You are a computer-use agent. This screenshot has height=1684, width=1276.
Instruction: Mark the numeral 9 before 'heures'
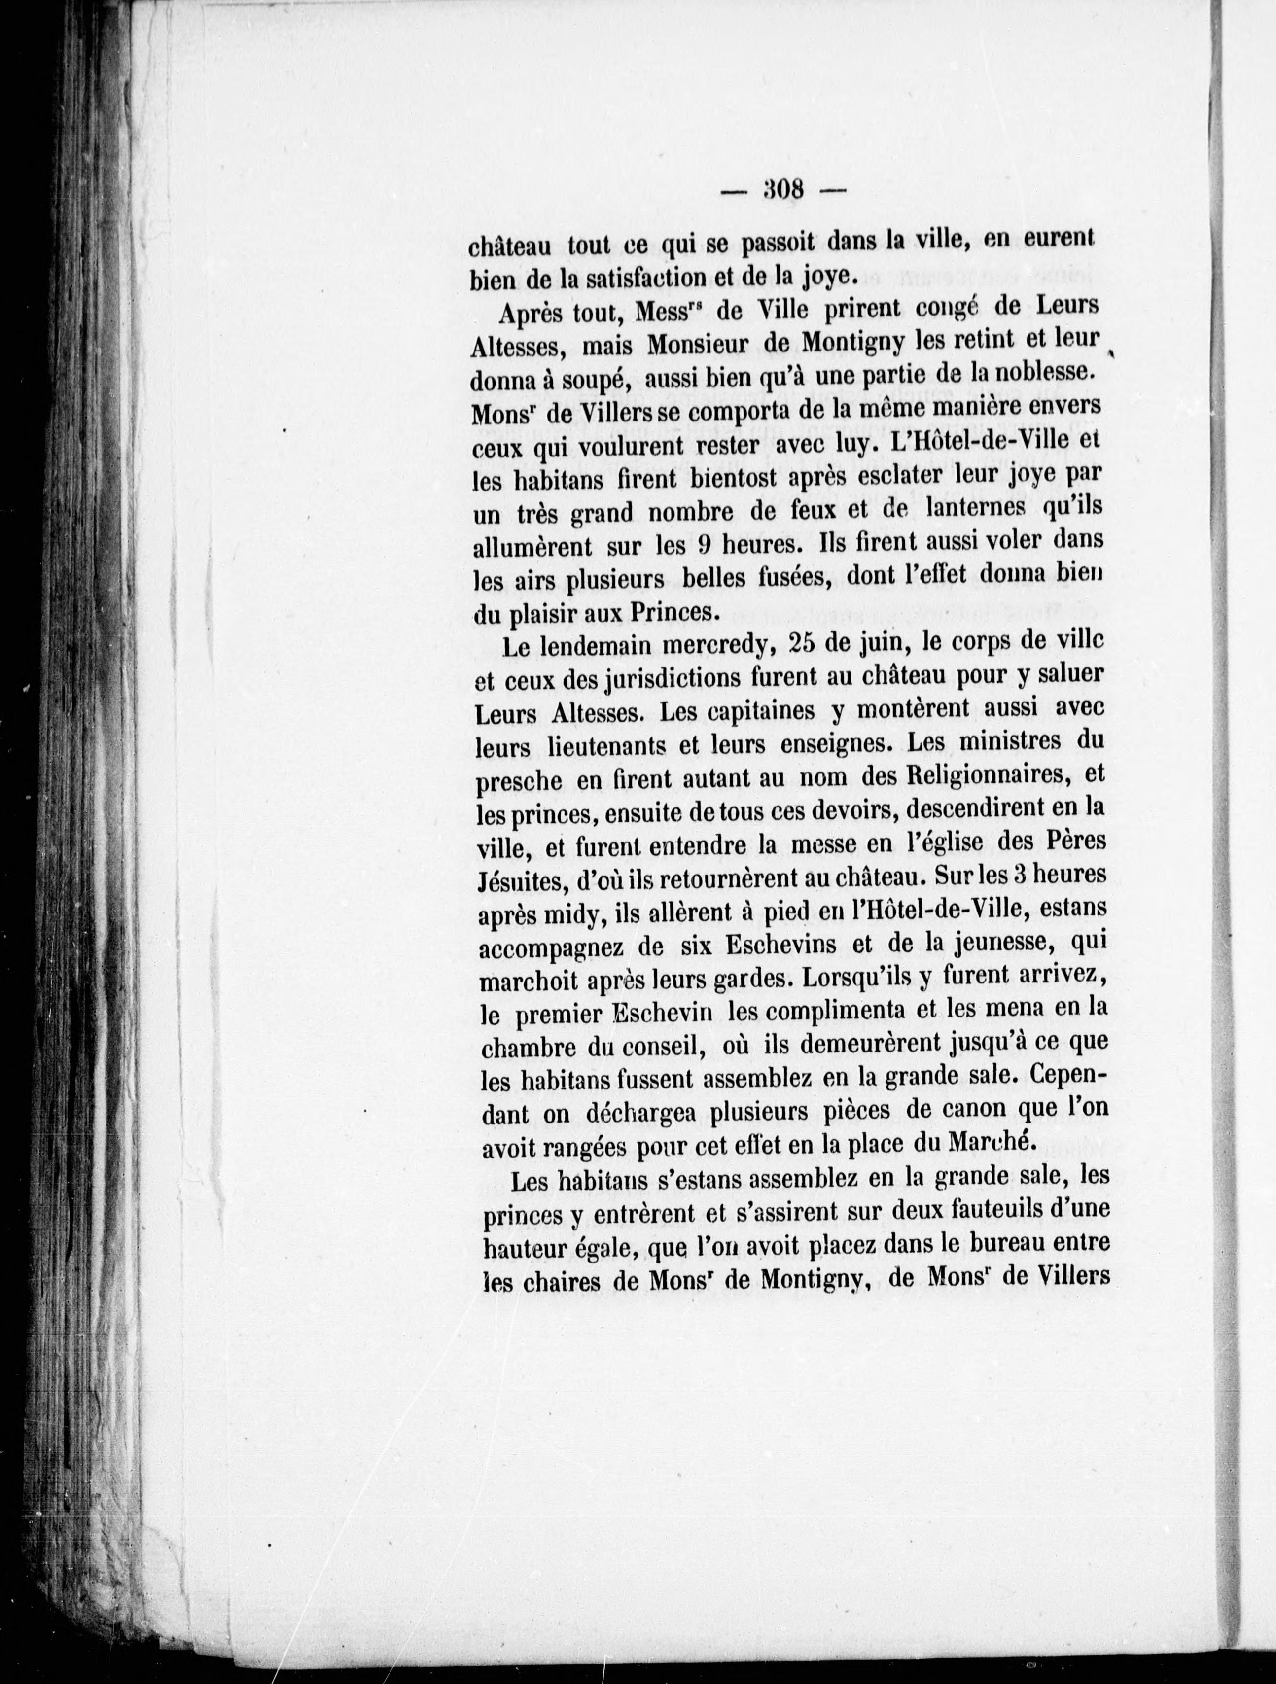pyautogui.click(x=704, y=545)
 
